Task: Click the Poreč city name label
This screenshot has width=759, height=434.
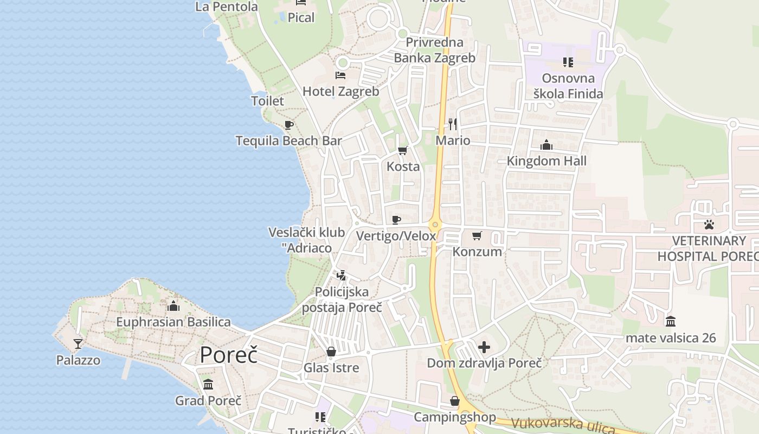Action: pyautogui.click(x=228, y=355)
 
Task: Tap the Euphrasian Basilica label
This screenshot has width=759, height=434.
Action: pyautogui.click(x=173, y=322)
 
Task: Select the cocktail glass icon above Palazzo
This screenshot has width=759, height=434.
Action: pyautogui.click(x=78, y=343)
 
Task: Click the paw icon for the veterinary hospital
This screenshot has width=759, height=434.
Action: pyautogui.click(x=709, y=224)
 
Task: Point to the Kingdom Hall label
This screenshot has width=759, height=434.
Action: pyautogui.click(x=546, y=161)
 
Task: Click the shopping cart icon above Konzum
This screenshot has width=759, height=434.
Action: pyautogui.click(x=477, y=235)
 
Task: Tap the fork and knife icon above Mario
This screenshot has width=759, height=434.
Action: pyautogui.click(x=453, y=124)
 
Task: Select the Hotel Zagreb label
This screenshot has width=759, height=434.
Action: pyautogui.click(x=340, y=91)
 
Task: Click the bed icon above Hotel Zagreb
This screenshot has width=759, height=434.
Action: pyautogui.click(x=340, y=75)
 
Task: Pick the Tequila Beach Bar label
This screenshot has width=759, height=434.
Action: pyautogui.click(x=288, y=141)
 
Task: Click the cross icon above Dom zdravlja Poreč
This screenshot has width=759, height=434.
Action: pyautogui.click(x=484, y=347)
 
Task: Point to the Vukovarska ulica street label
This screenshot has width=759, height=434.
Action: pyautogui.click(x=563, y=425)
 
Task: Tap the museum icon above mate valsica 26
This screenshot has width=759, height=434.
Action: pyautogui.click(x=671, y=321)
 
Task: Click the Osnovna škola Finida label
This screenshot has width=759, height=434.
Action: pyautogui.click(x=568, y=86)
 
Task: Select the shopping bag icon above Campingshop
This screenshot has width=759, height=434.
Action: pyautogui.click(x=455, y=401)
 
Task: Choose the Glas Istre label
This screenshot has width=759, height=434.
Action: pyautogui.click(x=331, y=368)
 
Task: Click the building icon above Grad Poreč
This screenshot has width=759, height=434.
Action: pyautogui.click(x=208, y=385)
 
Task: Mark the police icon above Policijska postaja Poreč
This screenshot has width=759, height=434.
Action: pyautogui.click(x=341, y=276)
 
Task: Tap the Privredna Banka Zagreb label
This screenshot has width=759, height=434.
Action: pyautogui.click(x=434, y=50)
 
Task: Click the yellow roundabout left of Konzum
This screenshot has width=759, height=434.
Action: pyautogui.click(x=435, y=224)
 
